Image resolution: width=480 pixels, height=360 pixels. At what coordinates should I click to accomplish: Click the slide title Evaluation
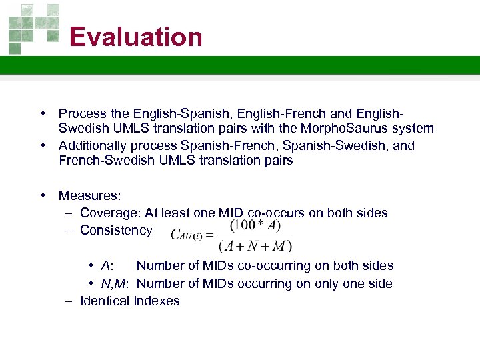click(135, 37)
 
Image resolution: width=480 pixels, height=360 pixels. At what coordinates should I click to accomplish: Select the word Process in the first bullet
click(82, 113)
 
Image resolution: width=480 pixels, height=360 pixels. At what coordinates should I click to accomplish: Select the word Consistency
click(116, 230)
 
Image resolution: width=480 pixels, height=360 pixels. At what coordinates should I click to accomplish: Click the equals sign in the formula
click(208, 235)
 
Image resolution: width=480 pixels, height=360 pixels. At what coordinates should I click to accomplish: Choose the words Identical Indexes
click(129, 301)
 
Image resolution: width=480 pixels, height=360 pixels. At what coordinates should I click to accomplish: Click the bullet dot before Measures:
click(42, 195)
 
